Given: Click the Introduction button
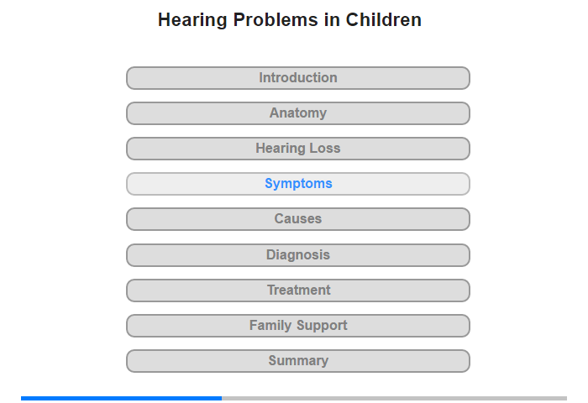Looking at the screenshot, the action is [298, 78].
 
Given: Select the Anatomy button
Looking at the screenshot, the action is [298, 113].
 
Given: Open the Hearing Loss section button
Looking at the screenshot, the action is [298, 149].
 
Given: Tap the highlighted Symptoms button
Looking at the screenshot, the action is [298, 184].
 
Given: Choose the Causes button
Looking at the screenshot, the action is [298, 219].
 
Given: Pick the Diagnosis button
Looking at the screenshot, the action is [298, 255].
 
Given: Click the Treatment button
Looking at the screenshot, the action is [298, 290].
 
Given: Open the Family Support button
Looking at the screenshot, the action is [298, 326].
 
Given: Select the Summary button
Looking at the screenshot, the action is [298, 361].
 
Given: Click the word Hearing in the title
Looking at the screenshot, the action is [192, 21].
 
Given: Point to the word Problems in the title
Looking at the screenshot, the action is [276, 19].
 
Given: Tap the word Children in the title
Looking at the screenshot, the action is [384, 19].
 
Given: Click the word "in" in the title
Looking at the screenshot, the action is [332, 19].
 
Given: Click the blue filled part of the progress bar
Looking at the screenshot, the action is [122, 398].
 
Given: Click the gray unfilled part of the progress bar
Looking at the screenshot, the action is [395, 398].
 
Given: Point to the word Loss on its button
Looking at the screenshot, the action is [325, 148].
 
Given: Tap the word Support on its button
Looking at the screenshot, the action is [322, 326].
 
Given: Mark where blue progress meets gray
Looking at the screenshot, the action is [222, 398].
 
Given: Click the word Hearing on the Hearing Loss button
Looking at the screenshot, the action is [280, 149].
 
